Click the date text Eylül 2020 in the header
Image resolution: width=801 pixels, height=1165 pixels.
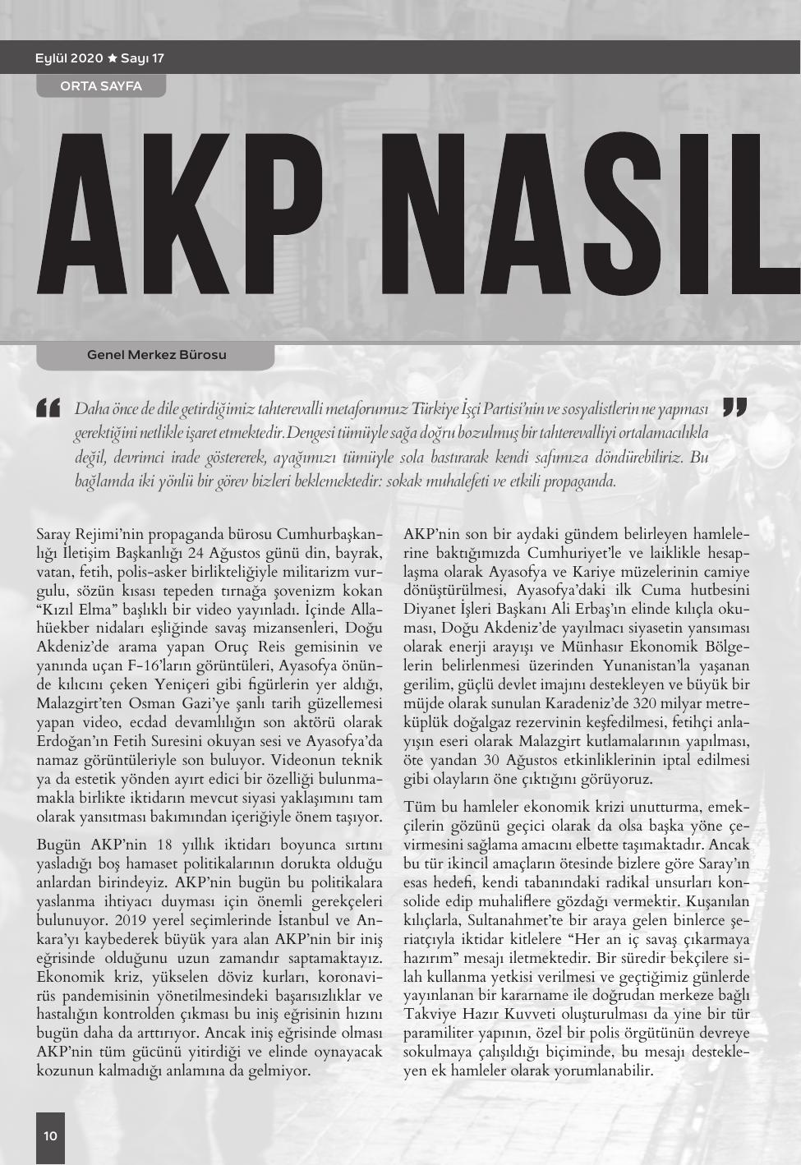[x=69, y=58]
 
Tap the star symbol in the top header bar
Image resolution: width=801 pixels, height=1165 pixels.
[x=112, y=58]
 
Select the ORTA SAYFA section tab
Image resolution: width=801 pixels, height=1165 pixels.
[x=101, y=85]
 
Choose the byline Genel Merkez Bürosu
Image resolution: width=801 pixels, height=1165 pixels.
[x=156, y=355]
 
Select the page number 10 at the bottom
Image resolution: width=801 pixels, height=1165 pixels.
[x=50, y=1135]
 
